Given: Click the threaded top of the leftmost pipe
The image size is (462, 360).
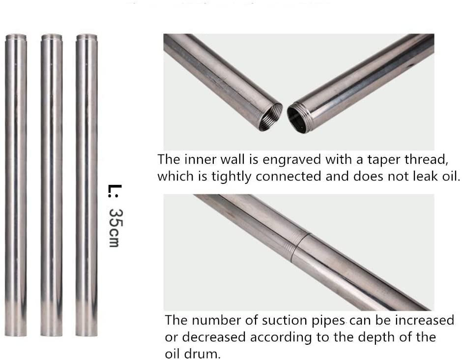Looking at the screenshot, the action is point(16,38).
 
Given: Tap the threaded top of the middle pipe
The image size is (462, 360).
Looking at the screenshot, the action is point(52,38).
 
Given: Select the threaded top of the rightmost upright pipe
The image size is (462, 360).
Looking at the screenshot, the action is point(87,38).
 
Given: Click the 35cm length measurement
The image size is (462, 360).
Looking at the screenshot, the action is point(115,228).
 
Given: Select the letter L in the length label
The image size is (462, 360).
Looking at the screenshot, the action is point(115,189).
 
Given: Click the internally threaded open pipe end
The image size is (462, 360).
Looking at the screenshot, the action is point(270,117).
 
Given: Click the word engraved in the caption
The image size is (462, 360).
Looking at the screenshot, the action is point(291,160).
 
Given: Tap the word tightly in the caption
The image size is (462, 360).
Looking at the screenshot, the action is point(231,177).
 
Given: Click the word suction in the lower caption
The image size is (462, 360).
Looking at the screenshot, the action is point(283,320).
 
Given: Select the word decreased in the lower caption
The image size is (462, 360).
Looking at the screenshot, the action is point(214,337).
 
